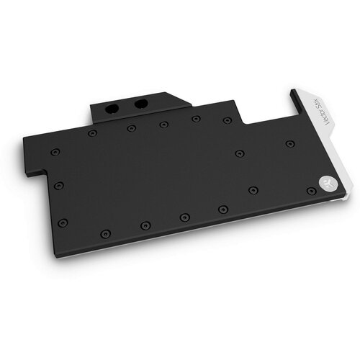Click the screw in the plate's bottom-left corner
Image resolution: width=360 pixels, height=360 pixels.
[63, 221]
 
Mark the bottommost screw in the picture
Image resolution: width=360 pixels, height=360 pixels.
[106, 233]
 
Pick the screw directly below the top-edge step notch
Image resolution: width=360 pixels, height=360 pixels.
[238, 153]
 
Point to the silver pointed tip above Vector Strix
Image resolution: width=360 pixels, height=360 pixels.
[294, 93]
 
